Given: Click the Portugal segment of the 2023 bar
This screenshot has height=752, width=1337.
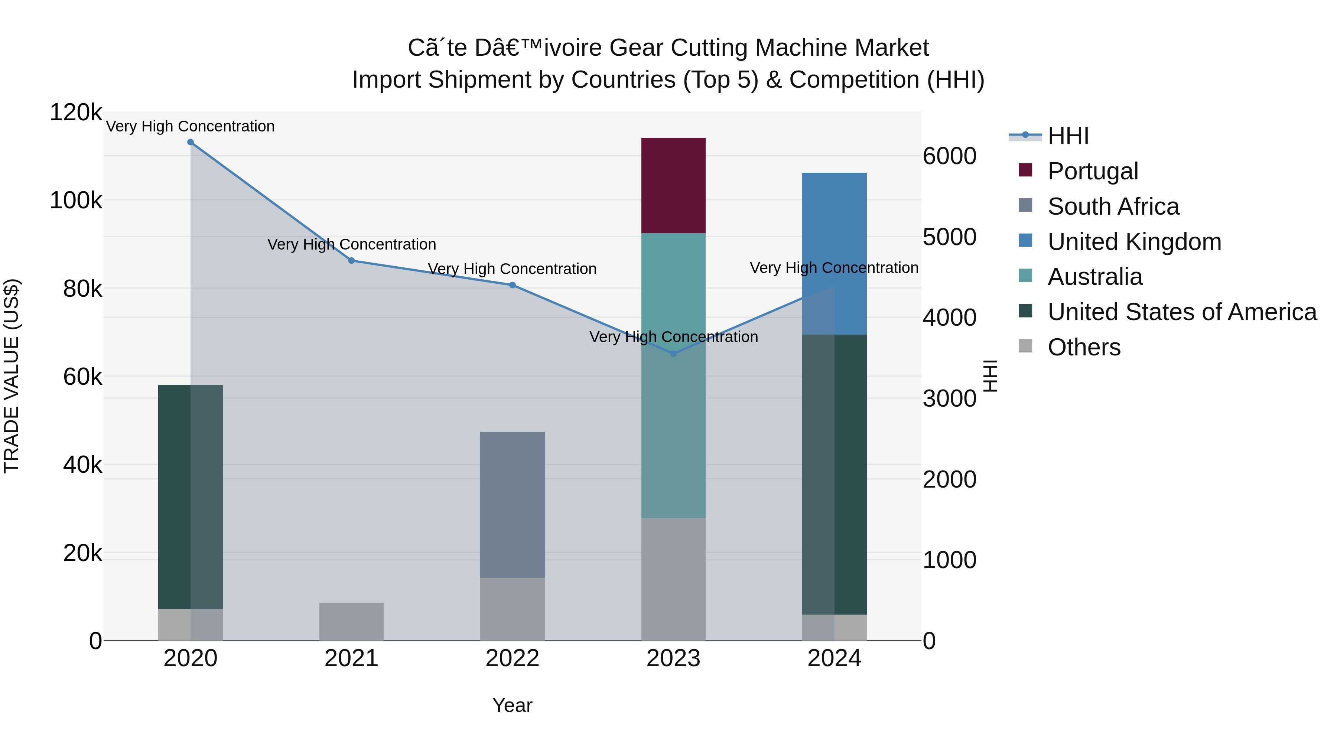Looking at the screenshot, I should (673, 185).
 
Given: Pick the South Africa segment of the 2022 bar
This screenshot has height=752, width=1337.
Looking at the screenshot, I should (512, 504).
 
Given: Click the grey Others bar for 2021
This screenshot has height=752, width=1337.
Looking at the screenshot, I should (351, 621).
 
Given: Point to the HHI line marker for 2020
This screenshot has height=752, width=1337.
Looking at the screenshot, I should (191, 142).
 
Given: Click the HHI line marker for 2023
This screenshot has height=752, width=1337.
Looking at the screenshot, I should (673, 354).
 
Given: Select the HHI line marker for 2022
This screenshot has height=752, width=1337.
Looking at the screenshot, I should (512, 285).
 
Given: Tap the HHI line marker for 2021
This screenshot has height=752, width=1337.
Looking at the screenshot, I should (351, 261).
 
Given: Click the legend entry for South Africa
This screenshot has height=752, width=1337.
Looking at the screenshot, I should (1113, 206).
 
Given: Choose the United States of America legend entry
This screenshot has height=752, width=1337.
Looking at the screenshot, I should (1182, 312).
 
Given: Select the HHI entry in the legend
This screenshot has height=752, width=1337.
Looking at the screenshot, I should (1068, 136).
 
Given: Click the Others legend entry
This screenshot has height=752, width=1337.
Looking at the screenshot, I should (1084, 347).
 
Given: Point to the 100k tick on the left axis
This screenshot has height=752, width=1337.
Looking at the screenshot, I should (76, 200).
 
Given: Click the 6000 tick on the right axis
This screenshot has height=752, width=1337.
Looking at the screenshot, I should (949, 156).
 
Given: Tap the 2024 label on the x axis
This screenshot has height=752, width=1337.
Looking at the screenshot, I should (834, 658).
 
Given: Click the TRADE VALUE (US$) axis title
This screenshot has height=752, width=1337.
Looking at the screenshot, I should (12, 376).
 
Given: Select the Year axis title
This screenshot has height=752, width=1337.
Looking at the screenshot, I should (512, 705).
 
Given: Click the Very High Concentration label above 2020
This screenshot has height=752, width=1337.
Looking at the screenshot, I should (191, 126).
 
